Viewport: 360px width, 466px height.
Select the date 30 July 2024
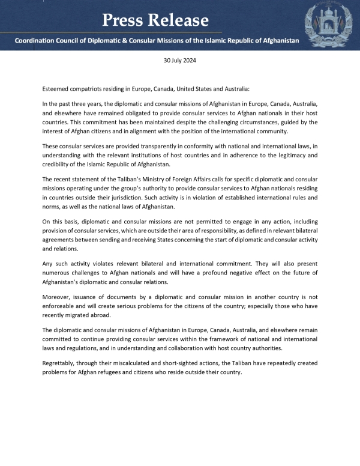[x=180, y=61]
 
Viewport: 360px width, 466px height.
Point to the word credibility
[x=60, y=165]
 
